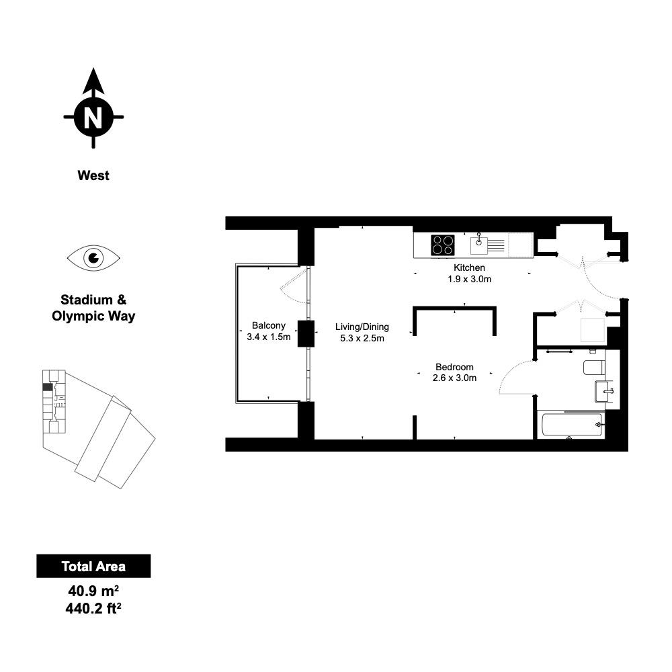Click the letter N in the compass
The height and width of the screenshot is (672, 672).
pyautogui.click(x=93, y=117)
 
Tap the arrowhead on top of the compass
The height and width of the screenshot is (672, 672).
pyautogui.click(x=93, y=81)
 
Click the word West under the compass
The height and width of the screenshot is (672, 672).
pyautogui.click(x=93, y=175)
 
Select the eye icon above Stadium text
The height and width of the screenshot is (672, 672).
pyautogui.click(x=93, y=258)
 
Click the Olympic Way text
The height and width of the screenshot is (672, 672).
pyautogui.click(x=93, y=317)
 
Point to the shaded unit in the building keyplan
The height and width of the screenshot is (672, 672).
pyautogui.click(x=48, y=386)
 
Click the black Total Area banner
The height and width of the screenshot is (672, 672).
pyautogui.click(x=93, y=566)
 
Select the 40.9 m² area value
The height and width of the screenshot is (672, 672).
pyautogui.click(x=93, y=591)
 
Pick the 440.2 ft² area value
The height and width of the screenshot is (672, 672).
pyautogui.click(x=93, y=608)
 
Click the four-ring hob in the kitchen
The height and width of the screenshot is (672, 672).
pyautogui.click(x=443, y=245)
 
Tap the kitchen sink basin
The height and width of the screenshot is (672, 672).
pyautogui.click(x=478, y=246)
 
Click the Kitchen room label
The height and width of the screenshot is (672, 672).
pyautogui.click(x=469, y=268)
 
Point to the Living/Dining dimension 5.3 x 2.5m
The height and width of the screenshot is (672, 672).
pyautogui.click(x=362, y=338)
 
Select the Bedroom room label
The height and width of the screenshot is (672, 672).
pyautogui.click(x=454, y=367)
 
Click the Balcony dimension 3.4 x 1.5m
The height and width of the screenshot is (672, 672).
pyautogui.click(x=269, y=337)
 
